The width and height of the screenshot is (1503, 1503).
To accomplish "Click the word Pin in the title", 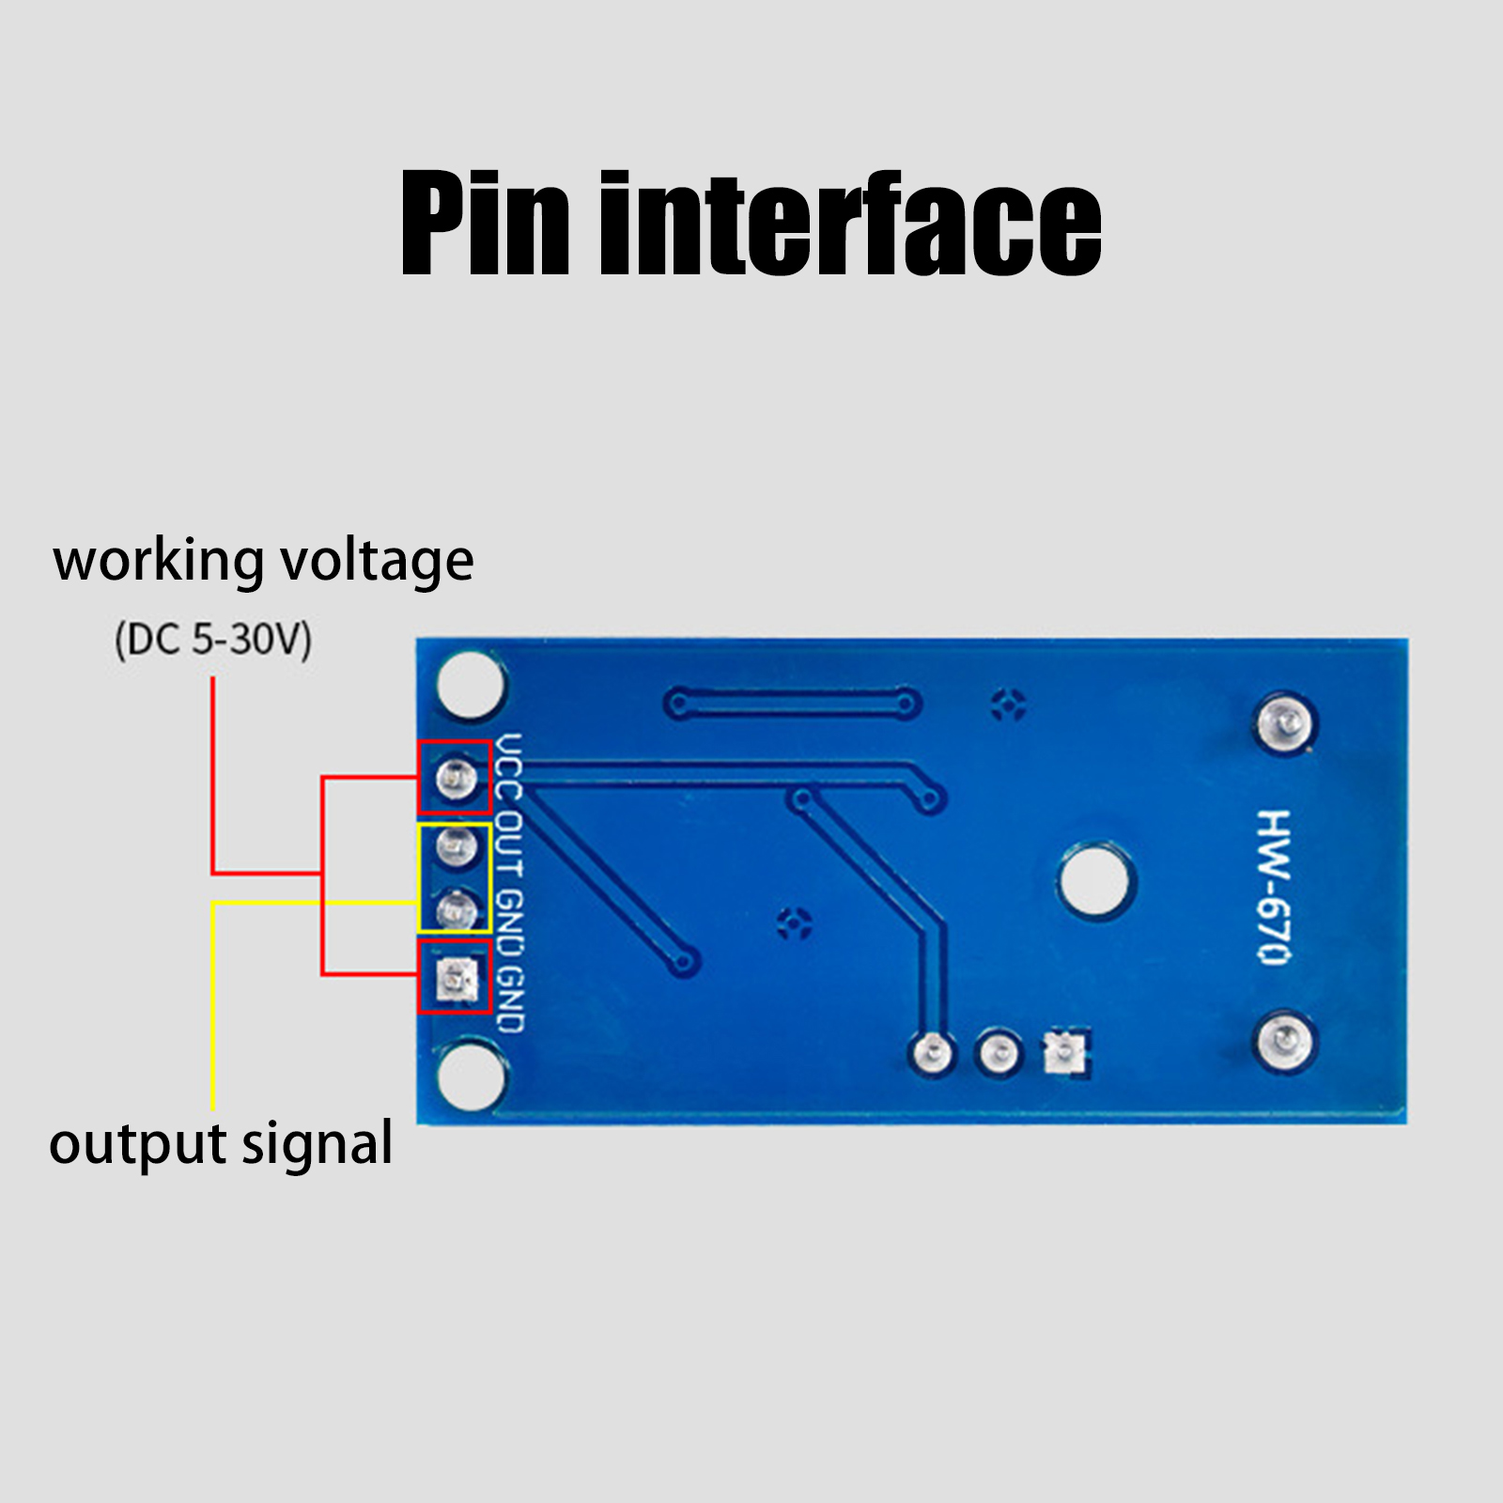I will pyautogui.click(x=485, y=225).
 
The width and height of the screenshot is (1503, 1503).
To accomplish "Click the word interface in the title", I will pyautogui.click(x=851, y=225).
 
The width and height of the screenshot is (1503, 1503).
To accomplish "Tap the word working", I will pyautogui.click(x=159, y=561).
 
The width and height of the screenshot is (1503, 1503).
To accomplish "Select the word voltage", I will pyautogui.click(x=377, y=563).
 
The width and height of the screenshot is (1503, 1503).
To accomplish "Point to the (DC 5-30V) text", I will pyautogui.click(x=213, y=640).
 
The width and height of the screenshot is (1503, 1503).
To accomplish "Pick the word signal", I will pyautogui.click(x=318, y=1145).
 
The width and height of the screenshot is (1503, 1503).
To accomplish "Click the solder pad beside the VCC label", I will pyautogui.click(x=457, y=778).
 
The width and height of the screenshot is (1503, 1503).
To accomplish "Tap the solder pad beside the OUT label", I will pyautogui.click(x=457, y=847).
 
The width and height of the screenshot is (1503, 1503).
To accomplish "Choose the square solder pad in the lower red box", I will pyautogui.click(x=457, y=980).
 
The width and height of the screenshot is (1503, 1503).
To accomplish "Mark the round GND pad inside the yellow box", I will pyautogui.click(x=457, y=909).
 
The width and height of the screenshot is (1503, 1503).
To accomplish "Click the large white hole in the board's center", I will pyautogui.click(x=1095, y=881).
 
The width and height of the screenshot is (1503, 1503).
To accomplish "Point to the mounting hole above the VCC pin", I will pyautogui.click(x=470, y=684).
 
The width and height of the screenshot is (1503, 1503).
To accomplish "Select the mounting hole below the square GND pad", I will pyautogui.click(x=472, y=1077).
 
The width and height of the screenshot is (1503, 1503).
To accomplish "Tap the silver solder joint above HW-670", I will pyautogui.click(x=1285, y=723).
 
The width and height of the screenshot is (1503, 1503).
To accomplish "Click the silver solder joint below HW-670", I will pyautogui.click(x=1285, y=1041).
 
